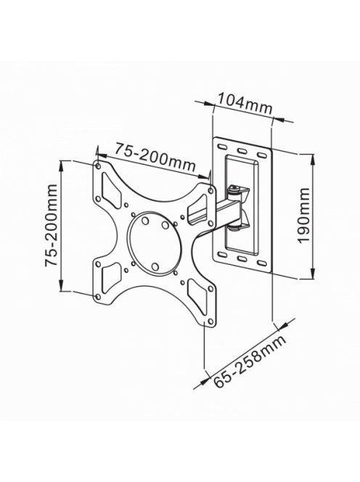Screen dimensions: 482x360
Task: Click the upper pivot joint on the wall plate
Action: click(237, 192)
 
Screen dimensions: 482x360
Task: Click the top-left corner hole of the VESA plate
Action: click(97, 164)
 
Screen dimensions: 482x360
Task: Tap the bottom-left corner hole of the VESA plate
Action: click(98, 295)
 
